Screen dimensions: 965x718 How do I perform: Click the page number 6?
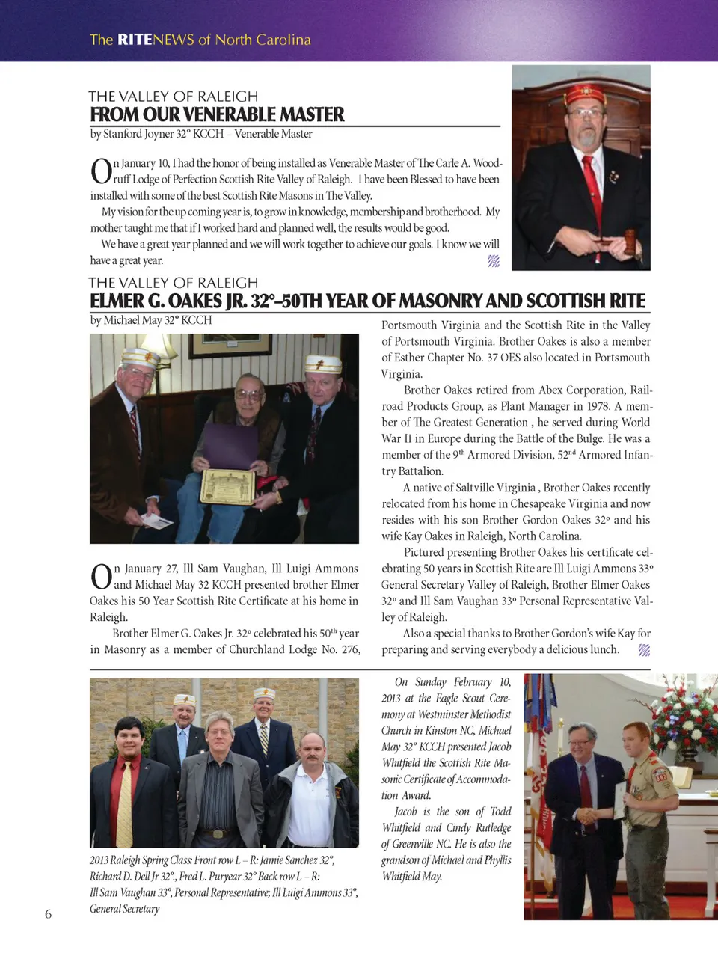pos(49,914)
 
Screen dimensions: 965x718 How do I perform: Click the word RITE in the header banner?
pos(135,40)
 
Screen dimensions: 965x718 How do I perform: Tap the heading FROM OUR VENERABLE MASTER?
pos(217,114)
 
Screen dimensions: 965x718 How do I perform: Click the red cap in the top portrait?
pos(585,95)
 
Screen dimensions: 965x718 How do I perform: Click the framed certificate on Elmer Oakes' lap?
pos(227,486)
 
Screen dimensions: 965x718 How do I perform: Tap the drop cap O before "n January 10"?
pos(101,171)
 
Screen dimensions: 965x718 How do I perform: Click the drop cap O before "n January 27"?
pos(101,577)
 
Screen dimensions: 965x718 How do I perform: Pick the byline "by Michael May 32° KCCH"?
pos(151,320)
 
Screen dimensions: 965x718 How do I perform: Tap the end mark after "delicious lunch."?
pos(644,650)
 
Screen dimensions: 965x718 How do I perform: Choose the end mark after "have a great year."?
pos(494,260)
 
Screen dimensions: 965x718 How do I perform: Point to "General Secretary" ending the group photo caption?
pos(125,909)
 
